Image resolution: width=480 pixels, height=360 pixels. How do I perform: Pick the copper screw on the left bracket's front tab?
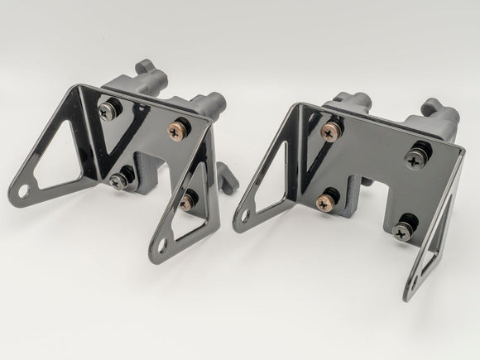tap(190, 198)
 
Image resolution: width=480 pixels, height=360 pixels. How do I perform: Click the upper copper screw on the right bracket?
tap(329, 129)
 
